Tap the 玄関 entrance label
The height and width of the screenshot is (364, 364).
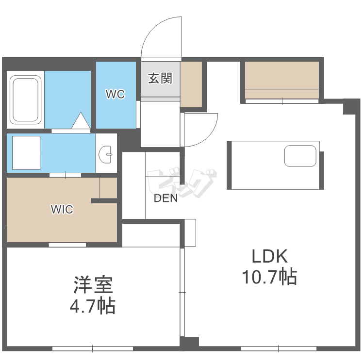click(160, 78)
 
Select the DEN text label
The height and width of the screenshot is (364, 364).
click(165, 198)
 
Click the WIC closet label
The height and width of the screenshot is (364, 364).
click(62, 210)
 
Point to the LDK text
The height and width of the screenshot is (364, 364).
click(269, 256)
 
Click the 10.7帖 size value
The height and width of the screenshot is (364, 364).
click(269, 277)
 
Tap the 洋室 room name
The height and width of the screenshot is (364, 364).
click(93, 285)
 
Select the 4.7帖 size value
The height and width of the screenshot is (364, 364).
click(93, 306)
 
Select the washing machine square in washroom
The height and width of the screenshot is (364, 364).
click(26, 152)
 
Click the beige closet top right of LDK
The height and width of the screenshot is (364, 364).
click(281, 80)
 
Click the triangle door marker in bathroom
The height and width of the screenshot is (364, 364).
click(81, 121)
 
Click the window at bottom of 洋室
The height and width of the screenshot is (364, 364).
click(92, 348)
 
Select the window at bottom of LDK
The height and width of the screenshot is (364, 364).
click(279, 348)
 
